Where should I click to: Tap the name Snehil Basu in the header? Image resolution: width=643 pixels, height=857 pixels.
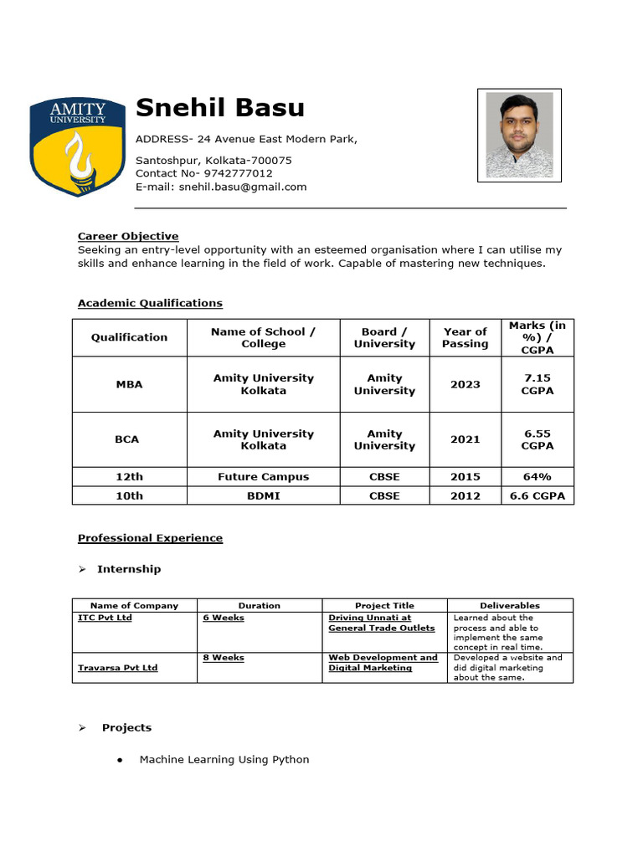pyautogui.click(x=220, y=108)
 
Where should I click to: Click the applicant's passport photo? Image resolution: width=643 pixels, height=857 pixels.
pyautogui.click(x=519, y=135)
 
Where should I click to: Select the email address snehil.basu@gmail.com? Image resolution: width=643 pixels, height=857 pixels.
pyautogui.click(x=243, y=187)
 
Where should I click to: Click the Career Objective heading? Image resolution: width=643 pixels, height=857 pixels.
pyautogui.click(x=128, y=236)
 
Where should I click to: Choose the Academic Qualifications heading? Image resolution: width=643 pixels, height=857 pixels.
pyautogui.click(x=150, y=303)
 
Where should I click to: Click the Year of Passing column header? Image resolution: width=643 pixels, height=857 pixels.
pyautogui.click(x=465, y=337)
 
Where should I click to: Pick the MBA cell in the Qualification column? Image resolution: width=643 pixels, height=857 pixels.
pyautogui.click(x=129, y=384)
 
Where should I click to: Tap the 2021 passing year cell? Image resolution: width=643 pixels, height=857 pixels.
pyautogui.click(x=465, y=439)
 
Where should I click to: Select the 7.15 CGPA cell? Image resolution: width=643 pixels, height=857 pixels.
pyautogui.click(x=537, y=384)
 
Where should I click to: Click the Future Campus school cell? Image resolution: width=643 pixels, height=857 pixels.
pyautogui.click(x=263, y=476)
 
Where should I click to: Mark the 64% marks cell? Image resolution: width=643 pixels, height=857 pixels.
pyautogui.click(x=537, y=476)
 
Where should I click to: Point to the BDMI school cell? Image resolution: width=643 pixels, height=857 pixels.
pyautogui.click(x=263, y=495)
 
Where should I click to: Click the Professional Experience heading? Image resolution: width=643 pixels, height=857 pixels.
pyautogui.click(x=150, y=538)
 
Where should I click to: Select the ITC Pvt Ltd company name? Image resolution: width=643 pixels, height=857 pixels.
pyautogui.click(x=105, y=618)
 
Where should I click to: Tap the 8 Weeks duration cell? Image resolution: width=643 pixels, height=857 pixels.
pyautogui.click(x=224, y=658)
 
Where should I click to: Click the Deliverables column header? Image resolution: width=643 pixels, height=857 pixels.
pyautogui.click(x=509, y=605)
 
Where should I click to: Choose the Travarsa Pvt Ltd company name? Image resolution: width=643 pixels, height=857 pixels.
pyautogui.click(x=117, y=668)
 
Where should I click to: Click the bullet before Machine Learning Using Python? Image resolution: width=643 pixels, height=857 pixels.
pyautogui.click(x=121, y=760)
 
